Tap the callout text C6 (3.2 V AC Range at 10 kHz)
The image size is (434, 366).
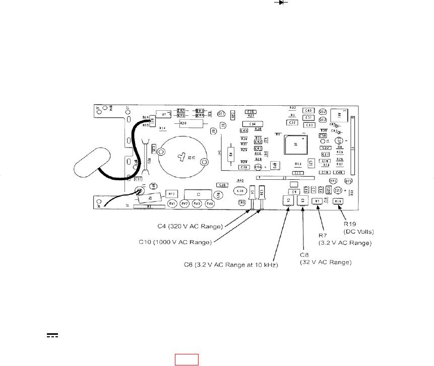(x=231, y=264)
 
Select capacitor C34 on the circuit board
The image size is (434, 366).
(x=253, y=124)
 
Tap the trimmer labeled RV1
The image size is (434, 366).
(x=172, y=203)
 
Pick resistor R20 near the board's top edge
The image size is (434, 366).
(x=183, y=123)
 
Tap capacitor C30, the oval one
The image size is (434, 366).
(x=240, y=191)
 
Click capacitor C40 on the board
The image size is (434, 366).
(x=308, y=110)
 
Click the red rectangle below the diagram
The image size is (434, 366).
(x=187, y=359)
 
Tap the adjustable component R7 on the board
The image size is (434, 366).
(x=317, y=201)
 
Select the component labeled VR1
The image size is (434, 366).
(x=333, y=181)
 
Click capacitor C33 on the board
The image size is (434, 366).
(x=309, y=125)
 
